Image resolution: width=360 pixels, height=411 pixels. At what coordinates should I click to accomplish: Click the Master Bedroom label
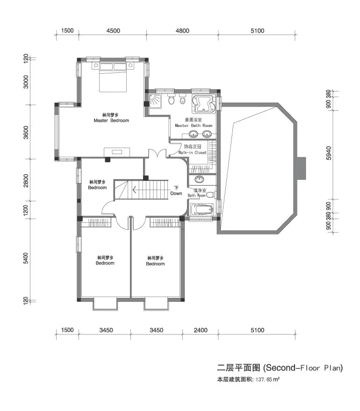(111, 120)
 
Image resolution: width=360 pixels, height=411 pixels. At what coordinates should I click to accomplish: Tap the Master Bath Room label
(194, 126)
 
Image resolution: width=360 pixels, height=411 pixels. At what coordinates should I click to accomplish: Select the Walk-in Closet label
(192, 153)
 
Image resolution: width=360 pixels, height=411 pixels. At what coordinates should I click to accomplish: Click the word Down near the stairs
(176, 193)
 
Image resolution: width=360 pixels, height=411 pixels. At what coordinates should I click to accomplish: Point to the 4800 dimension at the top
(182, 31)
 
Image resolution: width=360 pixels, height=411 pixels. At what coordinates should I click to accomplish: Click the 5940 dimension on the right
(329, 153)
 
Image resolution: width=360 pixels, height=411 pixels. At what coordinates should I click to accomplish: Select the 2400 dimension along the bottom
(201, 330)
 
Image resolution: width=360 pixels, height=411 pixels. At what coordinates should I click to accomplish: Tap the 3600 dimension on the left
(26, 133)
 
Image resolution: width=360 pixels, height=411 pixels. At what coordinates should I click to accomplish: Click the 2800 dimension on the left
(26, 181)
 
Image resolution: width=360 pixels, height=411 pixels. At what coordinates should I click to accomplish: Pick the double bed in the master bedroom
(113, 77)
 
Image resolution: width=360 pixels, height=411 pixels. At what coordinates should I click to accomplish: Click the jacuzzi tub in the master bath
(204, 104)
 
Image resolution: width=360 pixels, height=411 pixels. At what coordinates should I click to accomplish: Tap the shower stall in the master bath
(156, 101)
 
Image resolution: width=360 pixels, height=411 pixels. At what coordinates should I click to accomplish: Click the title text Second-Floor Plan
(303, 368)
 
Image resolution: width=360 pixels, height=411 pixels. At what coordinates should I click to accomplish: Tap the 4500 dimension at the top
(113, 31)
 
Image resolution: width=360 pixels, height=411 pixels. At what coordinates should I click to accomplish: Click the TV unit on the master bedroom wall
(117, 152)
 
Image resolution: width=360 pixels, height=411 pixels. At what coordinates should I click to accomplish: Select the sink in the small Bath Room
(200, 179)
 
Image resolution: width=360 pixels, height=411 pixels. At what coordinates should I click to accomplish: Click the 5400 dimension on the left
(26, 258)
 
